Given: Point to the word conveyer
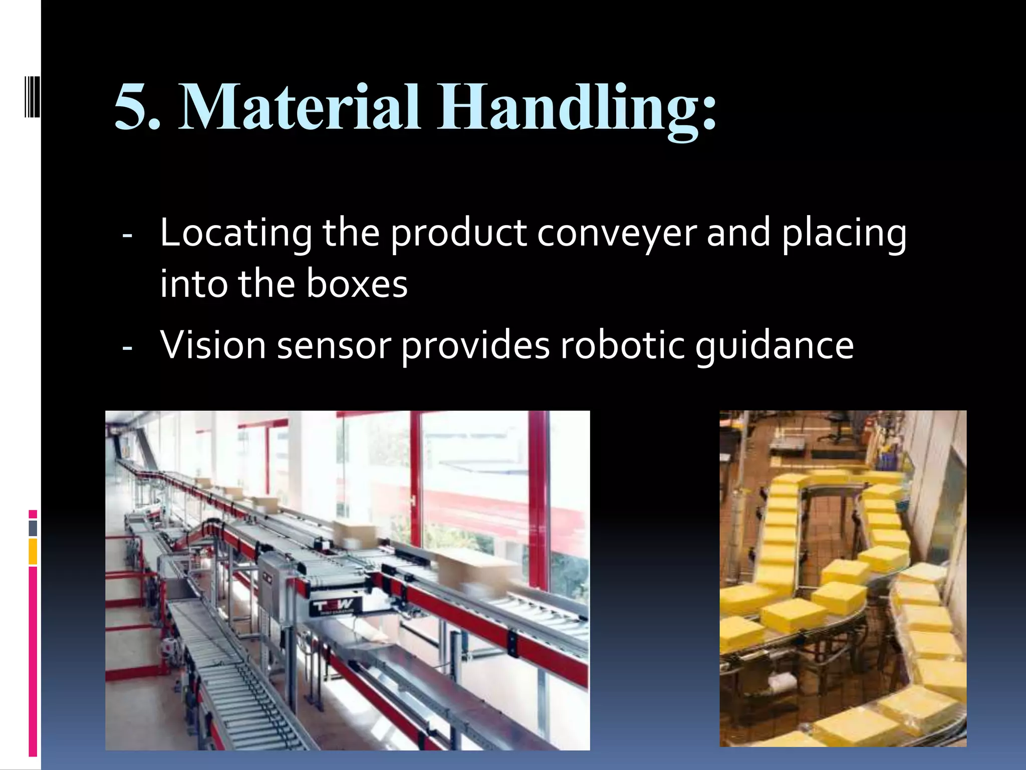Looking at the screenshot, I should (617, 234).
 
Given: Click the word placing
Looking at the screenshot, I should (844, 234).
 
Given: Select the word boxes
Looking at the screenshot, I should (357, 284).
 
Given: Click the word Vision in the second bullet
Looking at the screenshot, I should (213, 345).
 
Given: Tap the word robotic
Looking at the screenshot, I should (622, 345).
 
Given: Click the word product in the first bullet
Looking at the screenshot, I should (458, 234).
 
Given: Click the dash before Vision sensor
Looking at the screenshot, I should (127, 347).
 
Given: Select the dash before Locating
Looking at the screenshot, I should (127, 235).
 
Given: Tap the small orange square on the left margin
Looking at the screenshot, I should (33, 551).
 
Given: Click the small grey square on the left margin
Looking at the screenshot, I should (33, 528).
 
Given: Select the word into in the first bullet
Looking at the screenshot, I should (193, 284).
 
